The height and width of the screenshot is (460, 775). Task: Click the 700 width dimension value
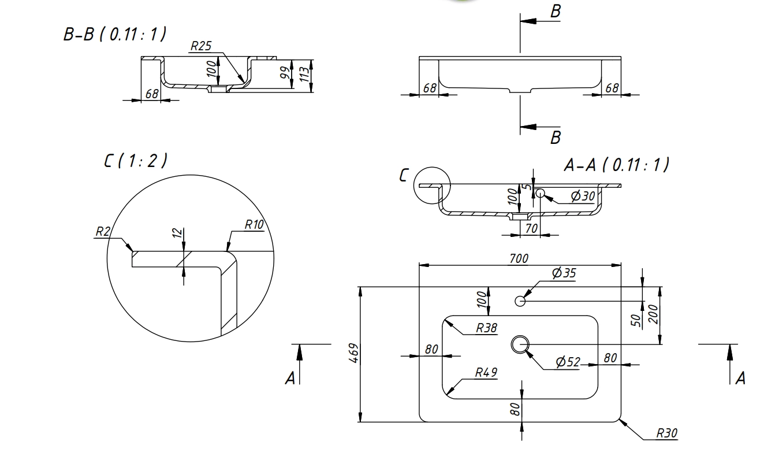(519, 258)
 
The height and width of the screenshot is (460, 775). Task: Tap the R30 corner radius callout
(668, 433)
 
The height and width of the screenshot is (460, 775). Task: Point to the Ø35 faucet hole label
(564, 273)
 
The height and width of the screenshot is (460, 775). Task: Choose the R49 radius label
(486, 373)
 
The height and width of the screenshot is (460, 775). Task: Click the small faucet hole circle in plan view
(520, 301)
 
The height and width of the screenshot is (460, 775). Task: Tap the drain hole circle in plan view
(520, 344)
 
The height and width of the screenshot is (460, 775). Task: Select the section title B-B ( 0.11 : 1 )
(114, 35)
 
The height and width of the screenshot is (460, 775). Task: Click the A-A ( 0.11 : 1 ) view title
(616, 166)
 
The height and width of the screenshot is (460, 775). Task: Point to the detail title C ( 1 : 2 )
(136, 161)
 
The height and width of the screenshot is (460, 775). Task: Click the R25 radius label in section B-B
(201, 47)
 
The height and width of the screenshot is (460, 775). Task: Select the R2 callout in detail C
(103, 232)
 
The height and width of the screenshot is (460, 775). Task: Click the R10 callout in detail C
(254, 225)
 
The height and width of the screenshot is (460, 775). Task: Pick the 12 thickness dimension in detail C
(178, 233)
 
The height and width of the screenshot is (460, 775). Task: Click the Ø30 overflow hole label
(582, 196)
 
